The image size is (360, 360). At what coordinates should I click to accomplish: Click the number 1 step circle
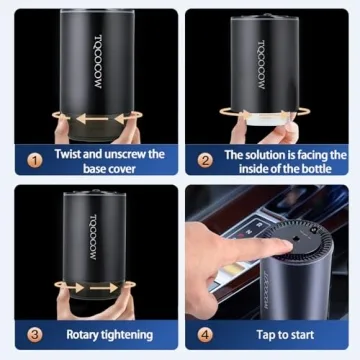tap(33, 161)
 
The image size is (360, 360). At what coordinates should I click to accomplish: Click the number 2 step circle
tap(205, 161)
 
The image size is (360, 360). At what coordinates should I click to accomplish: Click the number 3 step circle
tap(33, 334)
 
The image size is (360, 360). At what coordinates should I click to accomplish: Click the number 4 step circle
tap(205, 334)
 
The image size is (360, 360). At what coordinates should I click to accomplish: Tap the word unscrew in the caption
tap(125, 154)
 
